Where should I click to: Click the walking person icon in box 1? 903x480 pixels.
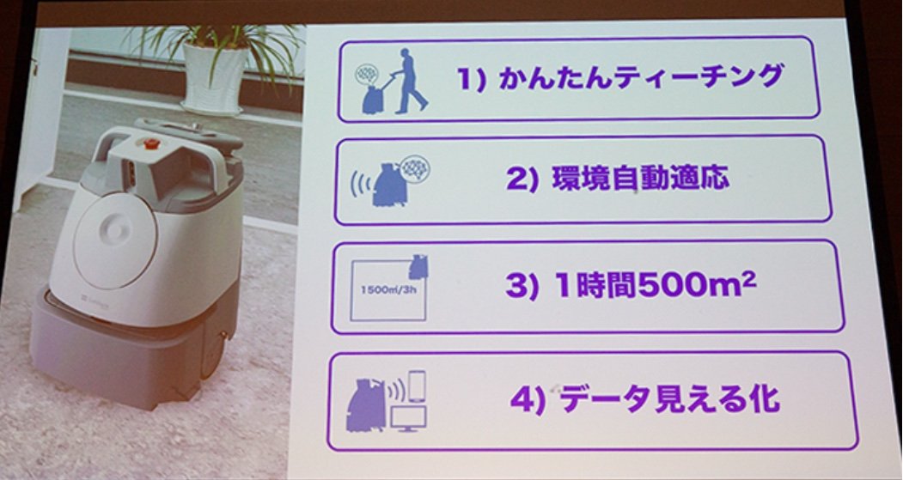pos(406,82)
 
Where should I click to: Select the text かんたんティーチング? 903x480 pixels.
pos(641,77)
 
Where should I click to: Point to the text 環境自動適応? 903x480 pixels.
pos(640,179)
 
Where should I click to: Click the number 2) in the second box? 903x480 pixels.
pos(522,179)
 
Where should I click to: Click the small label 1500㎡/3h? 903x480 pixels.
pos(388,289)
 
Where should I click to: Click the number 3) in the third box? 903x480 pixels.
pos(522,286)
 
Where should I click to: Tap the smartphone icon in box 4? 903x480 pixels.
pos(417,386)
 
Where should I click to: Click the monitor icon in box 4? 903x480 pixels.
pos(408,418)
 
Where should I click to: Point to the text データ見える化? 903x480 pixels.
pos(670,398)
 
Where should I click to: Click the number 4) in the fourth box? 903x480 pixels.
pos(528,400)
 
